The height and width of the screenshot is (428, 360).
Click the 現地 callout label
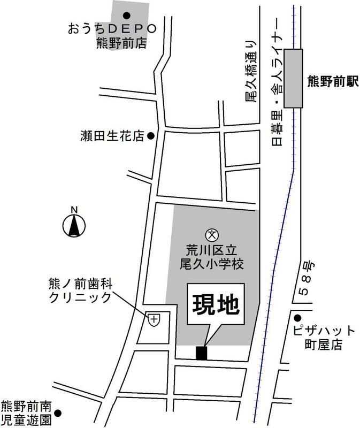[215, 305]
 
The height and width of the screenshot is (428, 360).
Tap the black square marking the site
[201, 353]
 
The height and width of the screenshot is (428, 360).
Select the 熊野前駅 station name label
[332, 82]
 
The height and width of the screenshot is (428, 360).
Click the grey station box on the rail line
[293, 78]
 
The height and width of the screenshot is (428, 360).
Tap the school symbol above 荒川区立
[212, 234]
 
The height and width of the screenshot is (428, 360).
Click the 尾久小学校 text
[212, 264]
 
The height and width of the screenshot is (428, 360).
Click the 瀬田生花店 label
[109, 137]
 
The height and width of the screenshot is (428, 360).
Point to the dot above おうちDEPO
[127, 16]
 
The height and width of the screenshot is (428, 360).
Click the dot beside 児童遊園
[58, 413]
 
